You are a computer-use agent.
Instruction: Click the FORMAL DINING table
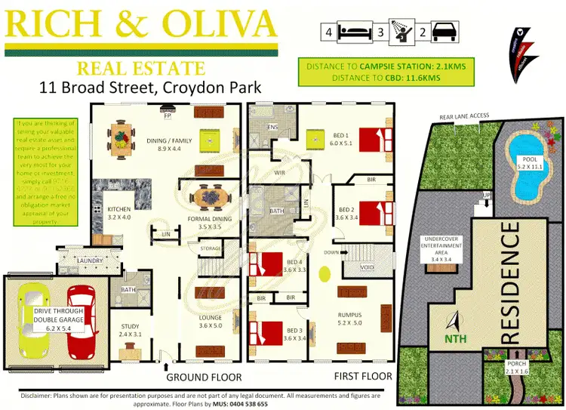208,199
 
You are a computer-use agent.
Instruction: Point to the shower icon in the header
400,32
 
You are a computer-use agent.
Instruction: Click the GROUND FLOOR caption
204,376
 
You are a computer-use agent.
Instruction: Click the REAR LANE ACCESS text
463,116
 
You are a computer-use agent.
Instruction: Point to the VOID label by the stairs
368,267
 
